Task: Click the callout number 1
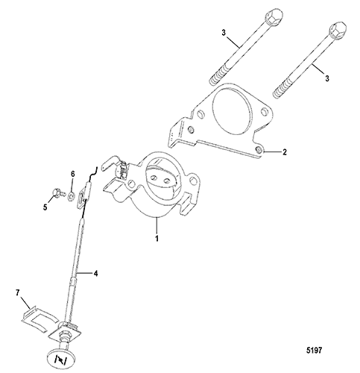pos(157,238)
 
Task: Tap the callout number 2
pos(285,152)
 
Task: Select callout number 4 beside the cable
pos(95,274)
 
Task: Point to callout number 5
pos(45,207)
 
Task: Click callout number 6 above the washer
pos(73,174)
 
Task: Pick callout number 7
pos(17,293)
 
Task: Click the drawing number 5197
pos(314,350)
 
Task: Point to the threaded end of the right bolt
pos(282,88)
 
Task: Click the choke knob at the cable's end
pos(61,358)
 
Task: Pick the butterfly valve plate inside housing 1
pos(162,178)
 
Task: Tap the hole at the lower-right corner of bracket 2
pos(259,150)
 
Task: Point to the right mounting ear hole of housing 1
pos(192,181)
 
